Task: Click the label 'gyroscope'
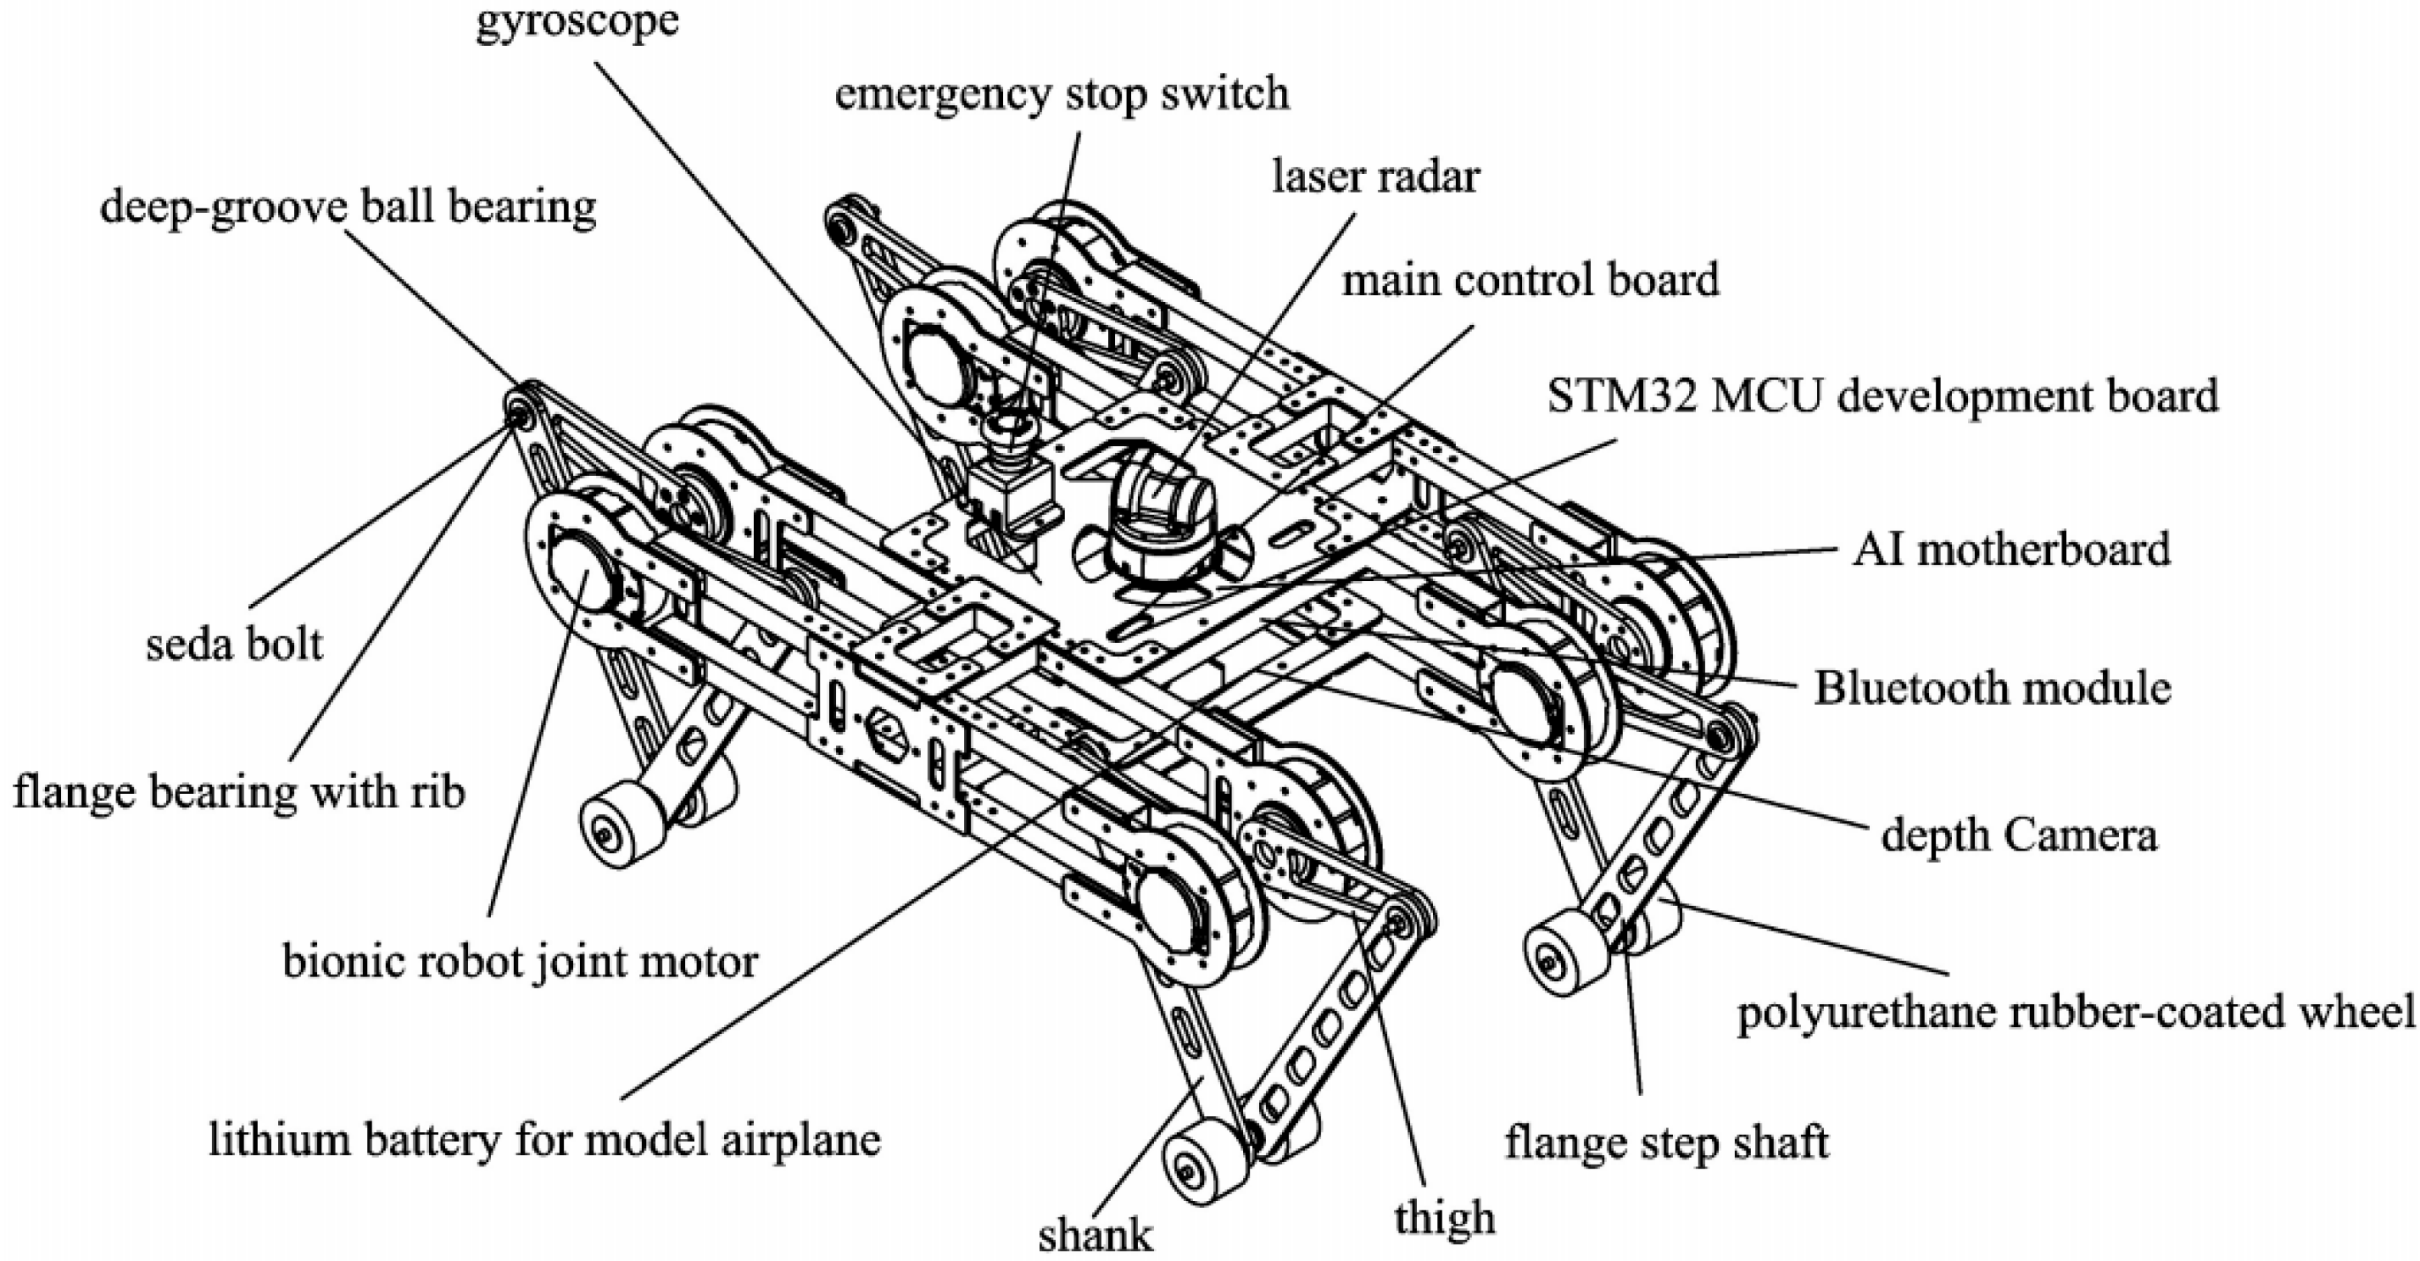[x=577, y=20]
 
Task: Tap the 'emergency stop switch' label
[x=1061, y=94]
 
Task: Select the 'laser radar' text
[x=1376, y=177]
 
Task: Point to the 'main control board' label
[x=1529, y=280]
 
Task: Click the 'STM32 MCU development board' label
[x=1882, y=396]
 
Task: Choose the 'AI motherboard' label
[x=2010, y=549]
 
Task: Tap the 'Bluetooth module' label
[x=1992, y=688]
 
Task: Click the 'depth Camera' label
[x=2018, y=835]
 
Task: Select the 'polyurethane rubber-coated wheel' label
[x=2074, y=1012]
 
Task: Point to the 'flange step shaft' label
[x=1667, y=1143]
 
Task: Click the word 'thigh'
[x=1444, y=1218]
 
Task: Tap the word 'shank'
[x=1095, y=1235]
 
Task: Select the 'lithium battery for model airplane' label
[x=545, y=1140]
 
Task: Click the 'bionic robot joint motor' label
[x=520, y=962]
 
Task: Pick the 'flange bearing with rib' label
[x=238, y=792]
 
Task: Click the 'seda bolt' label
[x=234, y=645]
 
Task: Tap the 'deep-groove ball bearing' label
[x=348, y=207]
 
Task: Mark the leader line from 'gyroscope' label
[x=751, y=235]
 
